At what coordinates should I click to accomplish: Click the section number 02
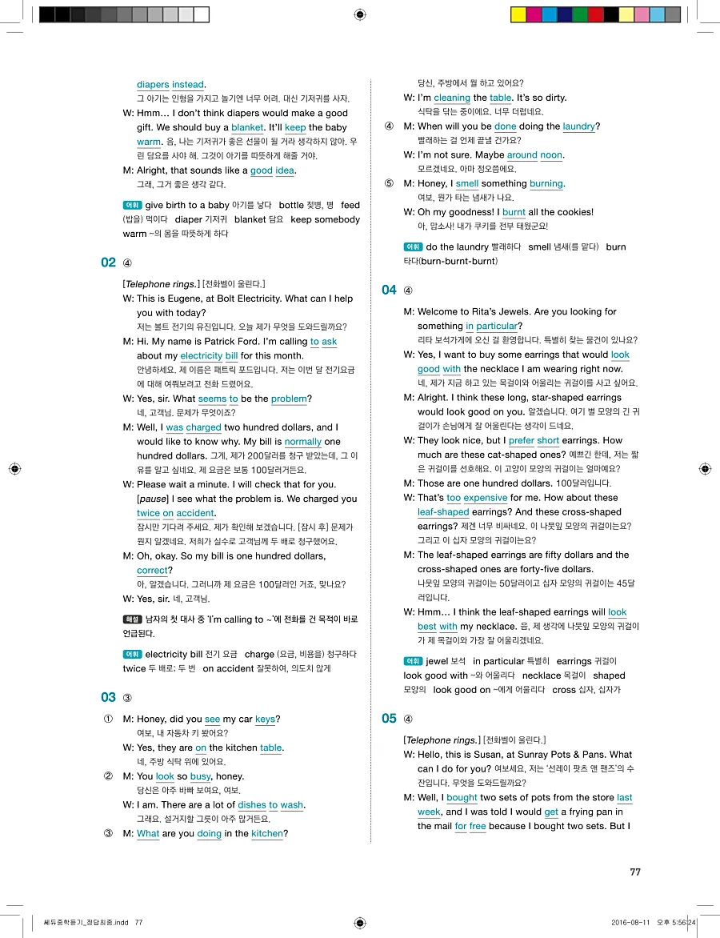pyautogui.click(x=109, y=263)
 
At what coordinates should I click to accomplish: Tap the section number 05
pyautogui.click(x=389, y=718)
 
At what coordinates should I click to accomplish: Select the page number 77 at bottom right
pyautogui.click(x=635, y=872)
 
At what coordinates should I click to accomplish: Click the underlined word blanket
pyautogui.click(x=247, y=127)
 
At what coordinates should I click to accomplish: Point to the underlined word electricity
pyautogui.click(x=201, y=355)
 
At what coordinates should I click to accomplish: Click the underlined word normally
pyautogui.click(x=302, y=442)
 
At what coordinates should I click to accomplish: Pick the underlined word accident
pyautogui.click(x=195, y=513)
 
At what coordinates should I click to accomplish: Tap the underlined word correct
pyautogui.click(x=152, y=571)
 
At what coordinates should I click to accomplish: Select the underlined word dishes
pyautogui.click(x=252, y=805)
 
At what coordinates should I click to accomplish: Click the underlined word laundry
pyautogui.click(x=578, y=126)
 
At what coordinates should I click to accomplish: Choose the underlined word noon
pyautogui.click(x=552, y=155)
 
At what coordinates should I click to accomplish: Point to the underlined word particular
pyautogui.click(x=497, y=326)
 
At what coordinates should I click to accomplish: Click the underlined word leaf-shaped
pyautogui.click(x=443, y=512)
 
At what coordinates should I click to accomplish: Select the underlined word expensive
pyautogui.click(x=486, y=498)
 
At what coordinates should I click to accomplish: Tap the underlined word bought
pyautogui.click(x=462, y=797)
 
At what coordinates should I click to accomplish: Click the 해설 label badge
pyautogui.click(x=131, y=619)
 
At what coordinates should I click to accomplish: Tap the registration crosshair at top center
pyautogui.click(x=360, y=14)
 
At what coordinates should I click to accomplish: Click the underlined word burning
pyautogui.click(x=546, y=184)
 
